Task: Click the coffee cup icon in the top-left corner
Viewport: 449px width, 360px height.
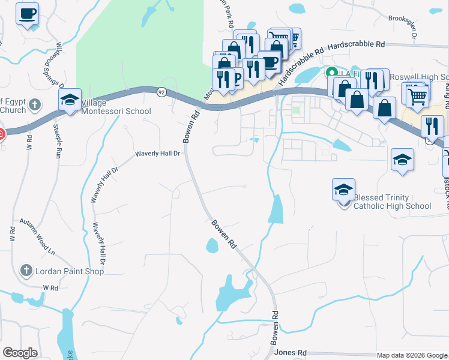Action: click(27, 14)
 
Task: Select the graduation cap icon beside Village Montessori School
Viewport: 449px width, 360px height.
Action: click(70, 100)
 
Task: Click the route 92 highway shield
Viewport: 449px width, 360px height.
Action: click(161, 92)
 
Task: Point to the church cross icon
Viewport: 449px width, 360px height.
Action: click(35, 104)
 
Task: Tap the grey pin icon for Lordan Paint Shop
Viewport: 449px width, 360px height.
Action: click(26, 271)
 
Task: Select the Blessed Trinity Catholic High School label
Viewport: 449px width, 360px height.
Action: click(392, 202)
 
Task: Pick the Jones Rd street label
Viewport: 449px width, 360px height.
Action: click(294, 352)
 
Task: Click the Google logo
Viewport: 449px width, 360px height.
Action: click(20, 353)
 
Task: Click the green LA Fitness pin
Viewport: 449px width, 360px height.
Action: click(330, 73)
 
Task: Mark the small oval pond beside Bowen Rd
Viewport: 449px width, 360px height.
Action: click(212, 245)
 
